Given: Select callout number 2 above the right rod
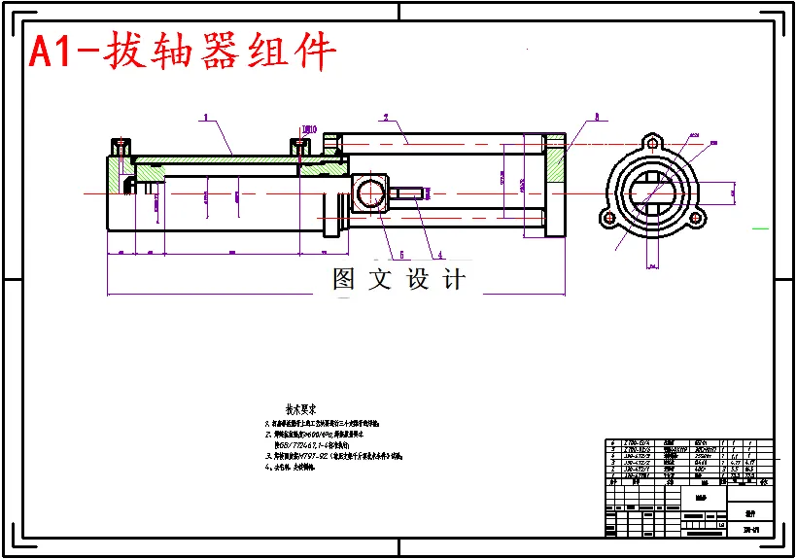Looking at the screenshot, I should click(386, 118).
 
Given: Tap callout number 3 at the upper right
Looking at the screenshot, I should click(597, 117).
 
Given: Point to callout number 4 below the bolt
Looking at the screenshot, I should click(439, 255).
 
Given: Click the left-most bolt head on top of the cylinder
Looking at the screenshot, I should click(121, 146).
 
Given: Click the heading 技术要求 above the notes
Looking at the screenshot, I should click(299, 410).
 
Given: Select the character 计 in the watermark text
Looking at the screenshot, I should click(453, 280).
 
